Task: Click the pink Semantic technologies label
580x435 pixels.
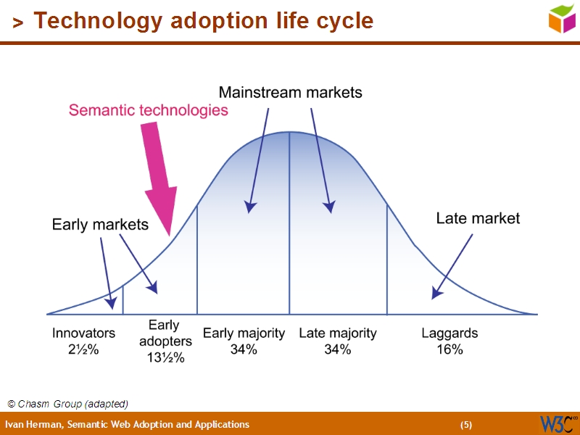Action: coord(149,110)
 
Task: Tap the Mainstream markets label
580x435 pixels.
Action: coord(290,93)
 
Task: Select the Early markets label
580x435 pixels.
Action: coord(100,225)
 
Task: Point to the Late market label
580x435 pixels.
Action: coord(478,218)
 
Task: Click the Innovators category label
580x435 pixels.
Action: coord(83,333)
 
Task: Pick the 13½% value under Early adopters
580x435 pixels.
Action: coord(165,357)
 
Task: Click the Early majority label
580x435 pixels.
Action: coord(244,333)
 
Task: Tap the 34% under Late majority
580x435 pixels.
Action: coord(338,349)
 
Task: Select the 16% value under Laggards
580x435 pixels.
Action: coord(449,349)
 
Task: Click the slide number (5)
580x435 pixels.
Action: coord(466,424)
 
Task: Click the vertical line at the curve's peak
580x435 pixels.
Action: coord(290,225)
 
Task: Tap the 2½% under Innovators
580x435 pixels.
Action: coord(83,349)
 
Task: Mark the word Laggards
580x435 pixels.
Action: coord(449,333)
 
